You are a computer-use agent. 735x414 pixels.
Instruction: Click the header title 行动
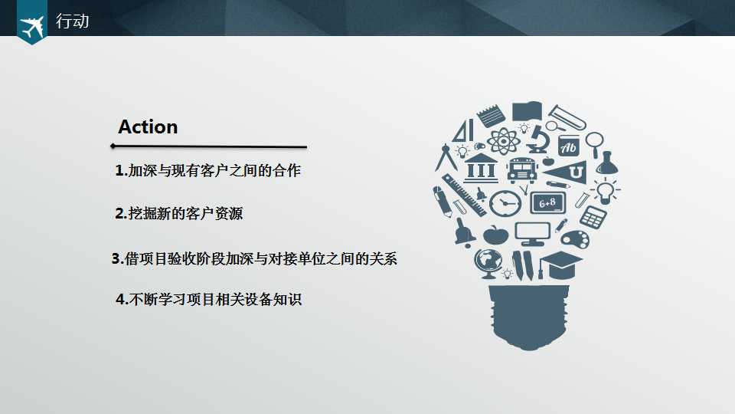pyautogui.click(x=73, y=21)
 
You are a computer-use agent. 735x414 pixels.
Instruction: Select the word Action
pyautogui.click(x=148, y=127)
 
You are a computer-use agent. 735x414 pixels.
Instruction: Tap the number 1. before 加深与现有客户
pyautogui.click(x=120, y=171)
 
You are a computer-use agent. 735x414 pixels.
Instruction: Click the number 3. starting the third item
pyautogui.click(x=117, y=259)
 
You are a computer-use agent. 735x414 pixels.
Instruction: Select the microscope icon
pyautogui.click(x=537, y=138)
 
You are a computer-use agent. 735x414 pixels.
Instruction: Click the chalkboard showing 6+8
pyautogui.click(x=547, y=202)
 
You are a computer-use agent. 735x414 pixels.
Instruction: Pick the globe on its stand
pyautogui.click(x=486, y=263)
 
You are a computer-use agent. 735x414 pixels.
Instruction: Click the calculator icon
pyautogui.click(x=593, y=217)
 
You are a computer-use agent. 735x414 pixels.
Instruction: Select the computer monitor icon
pyautogui.click(x=532, y=232)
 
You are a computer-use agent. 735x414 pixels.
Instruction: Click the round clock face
pyautogui.click(x=505, y=203)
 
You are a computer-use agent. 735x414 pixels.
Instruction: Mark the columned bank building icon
pyautogui.click(x=481, y=166)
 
